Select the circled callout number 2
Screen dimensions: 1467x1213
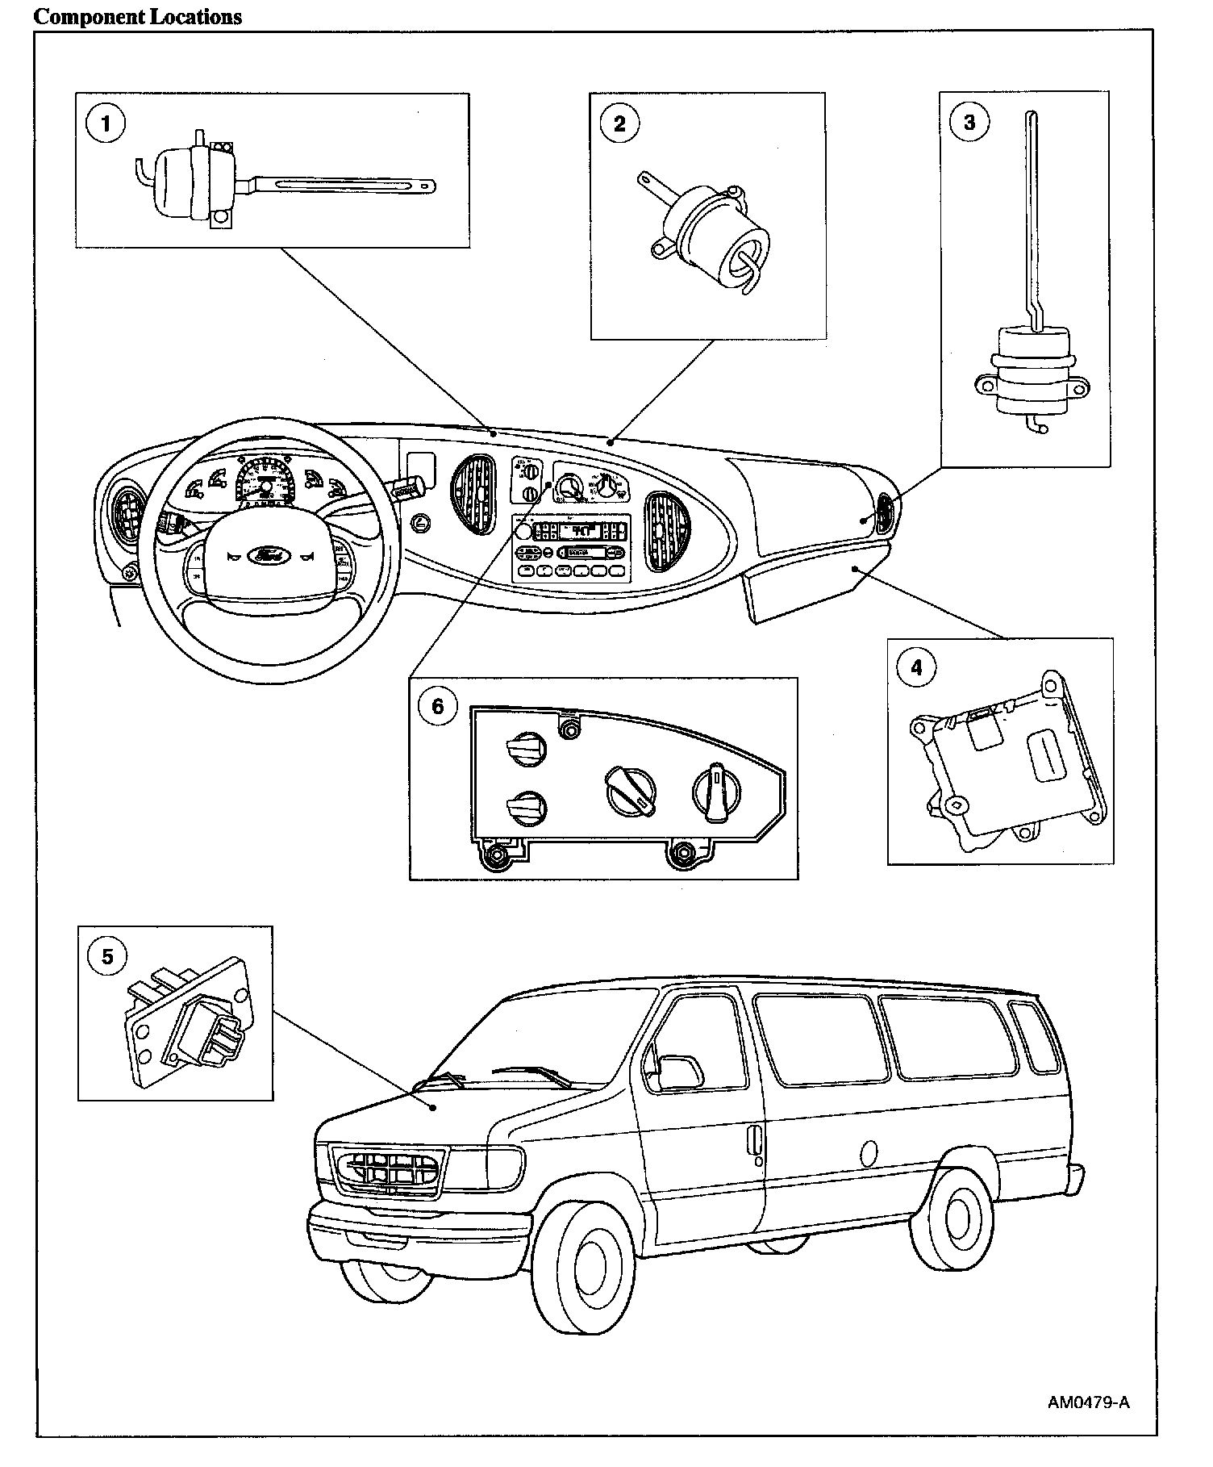(x=619, y=123)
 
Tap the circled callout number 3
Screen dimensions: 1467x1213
(x=969, y=122)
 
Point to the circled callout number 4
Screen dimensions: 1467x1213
(x=916, y=667)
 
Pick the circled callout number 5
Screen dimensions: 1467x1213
(x=107, y=957)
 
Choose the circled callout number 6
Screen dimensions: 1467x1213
(x=438, y=707)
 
